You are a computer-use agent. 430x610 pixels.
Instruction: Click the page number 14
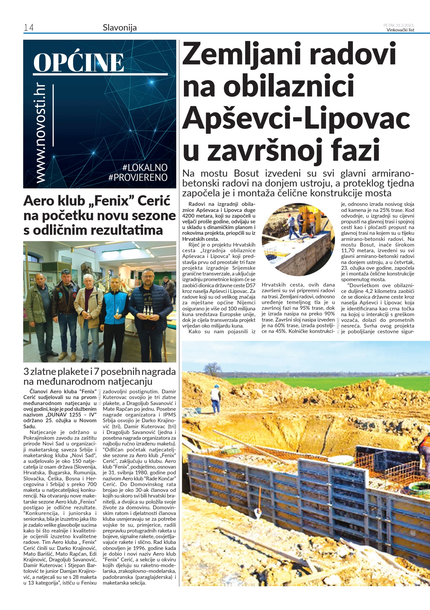point(29,28)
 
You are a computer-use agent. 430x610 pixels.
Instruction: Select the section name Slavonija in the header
point(120,28)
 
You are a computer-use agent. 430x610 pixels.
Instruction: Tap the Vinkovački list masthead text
point(400,30)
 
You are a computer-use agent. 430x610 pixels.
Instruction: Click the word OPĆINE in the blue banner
point(78,62)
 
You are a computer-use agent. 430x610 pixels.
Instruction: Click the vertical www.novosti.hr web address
point(41,133)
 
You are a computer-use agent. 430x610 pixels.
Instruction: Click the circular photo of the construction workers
point(298,239)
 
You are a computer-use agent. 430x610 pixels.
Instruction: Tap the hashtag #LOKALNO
point(145,167)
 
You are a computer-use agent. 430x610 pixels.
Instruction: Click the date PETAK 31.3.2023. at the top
point(399,25)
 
